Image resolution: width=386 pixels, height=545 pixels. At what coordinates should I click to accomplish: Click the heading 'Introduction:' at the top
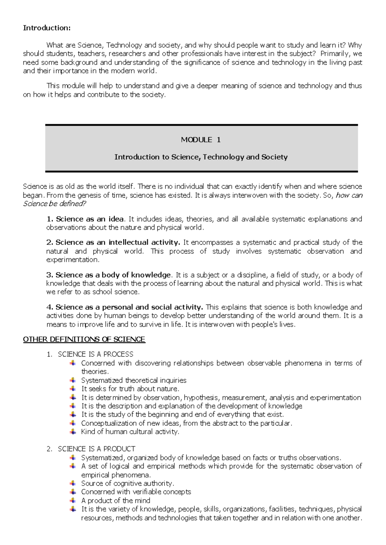tap(47, 28)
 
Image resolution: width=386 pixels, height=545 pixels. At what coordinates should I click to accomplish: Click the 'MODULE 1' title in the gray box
tap(201, 140)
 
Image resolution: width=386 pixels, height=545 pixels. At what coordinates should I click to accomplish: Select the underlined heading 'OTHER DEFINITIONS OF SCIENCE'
tap(84, 339)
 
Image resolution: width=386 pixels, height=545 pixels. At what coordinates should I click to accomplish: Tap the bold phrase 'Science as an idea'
tap(90, 219)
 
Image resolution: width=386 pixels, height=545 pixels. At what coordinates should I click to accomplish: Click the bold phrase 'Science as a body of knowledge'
tap(113, 275)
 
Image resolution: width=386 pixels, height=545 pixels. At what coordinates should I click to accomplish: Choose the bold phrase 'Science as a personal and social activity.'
tap(129, 307)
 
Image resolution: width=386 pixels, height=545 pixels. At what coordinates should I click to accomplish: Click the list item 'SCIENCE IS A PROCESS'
tap(95, 354)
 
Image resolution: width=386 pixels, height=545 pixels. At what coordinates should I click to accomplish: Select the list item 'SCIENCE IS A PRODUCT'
tap(96, 449)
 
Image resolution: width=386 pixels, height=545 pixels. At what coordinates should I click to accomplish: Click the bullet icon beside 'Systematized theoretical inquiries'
tap(73, 380)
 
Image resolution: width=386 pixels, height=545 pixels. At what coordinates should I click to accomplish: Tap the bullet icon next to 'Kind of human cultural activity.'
tap(73, 432)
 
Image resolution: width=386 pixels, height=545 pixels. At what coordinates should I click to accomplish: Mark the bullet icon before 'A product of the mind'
tap(73, 500)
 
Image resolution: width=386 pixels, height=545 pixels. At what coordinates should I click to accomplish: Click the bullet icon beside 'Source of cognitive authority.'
tap(73, 483)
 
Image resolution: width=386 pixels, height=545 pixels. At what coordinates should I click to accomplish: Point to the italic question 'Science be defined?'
tap(54, 204)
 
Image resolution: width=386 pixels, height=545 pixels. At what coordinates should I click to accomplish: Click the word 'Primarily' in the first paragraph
tap(335, 54)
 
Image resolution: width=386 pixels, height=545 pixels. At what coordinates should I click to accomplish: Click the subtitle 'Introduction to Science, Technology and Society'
tap(201, 157)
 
